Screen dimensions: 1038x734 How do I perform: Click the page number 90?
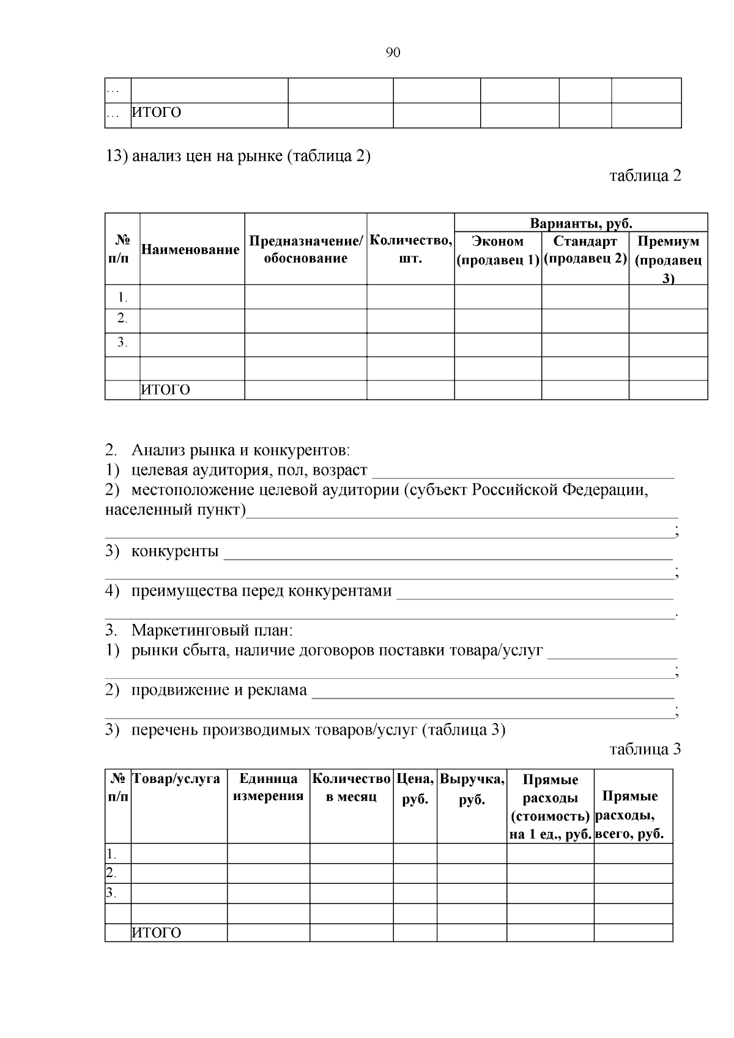click(x=393, y=53)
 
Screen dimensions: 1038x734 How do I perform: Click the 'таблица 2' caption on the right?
click(x=645, y=176)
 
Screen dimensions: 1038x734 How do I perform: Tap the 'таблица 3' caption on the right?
click(x=645, y=749)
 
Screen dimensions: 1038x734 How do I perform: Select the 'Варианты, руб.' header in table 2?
click(x=580, y=223)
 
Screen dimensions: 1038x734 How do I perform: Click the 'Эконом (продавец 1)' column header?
click(x=498, y=250)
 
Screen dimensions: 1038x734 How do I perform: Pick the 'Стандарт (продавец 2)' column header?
click(x=585, y=250)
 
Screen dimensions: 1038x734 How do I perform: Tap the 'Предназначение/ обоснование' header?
click(x=305, y=250)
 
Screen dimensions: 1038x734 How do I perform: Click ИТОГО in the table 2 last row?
click(x=166, y=390)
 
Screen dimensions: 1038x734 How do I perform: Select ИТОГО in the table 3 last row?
click(x=157, y=933)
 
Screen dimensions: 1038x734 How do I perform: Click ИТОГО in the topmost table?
click(x=157, y=113)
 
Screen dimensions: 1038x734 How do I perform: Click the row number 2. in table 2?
click(x=122, y=318)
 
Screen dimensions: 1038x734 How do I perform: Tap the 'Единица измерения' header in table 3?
click(x=268, y=787)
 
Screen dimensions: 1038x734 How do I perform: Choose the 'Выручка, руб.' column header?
click(x=472, y=789)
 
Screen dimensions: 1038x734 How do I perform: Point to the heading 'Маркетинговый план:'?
click(x=212, y=630)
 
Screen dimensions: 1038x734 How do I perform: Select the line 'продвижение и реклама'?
click(x=219, y=691)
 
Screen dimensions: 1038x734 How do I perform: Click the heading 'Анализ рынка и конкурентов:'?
click(x=240, y=451)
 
